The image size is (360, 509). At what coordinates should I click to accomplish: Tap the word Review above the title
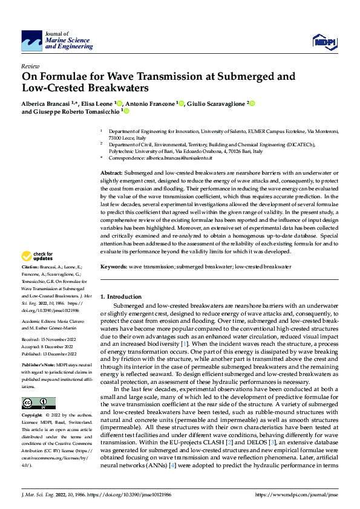(30, 66)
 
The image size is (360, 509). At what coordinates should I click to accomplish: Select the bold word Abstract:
(113, 173)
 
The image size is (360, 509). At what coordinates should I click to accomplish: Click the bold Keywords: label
(115, 267)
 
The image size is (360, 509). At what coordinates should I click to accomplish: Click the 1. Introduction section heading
(120, 297)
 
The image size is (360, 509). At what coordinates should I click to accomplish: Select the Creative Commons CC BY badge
(38, 403)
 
